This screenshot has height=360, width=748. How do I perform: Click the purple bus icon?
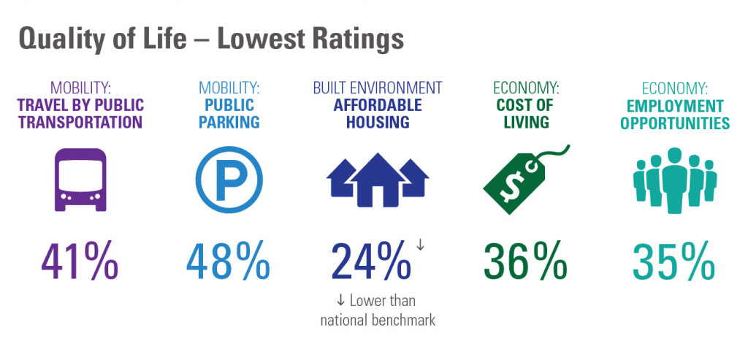coord(80,180)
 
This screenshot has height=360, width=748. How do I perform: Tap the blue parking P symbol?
coord(229,180)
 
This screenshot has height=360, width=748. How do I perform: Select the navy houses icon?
coord(377,180)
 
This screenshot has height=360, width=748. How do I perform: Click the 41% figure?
coord(80,261)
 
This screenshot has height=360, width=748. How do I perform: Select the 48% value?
coord(228,261)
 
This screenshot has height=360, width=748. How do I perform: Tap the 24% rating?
coord(370,261)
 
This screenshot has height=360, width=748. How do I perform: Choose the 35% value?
coord(673,261)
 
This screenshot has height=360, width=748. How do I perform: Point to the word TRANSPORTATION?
coord(80,123)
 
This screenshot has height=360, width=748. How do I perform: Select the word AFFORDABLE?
coord(377,105)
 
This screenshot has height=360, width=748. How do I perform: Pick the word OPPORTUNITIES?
coord(675,123)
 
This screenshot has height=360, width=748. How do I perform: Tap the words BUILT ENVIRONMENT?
coord(377,88)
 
